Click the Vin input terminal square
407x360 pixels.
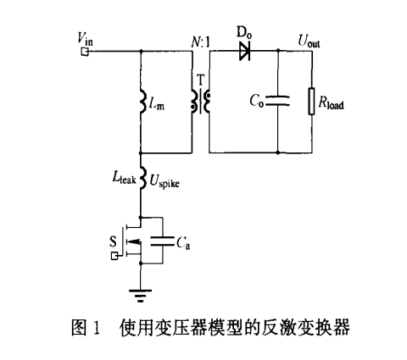(x=85, y=52)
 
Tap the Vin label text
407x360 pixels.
(x=85, y=39)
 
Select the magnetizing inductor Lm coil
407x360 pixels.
(x=143, y=102)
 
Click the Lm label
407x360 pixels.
(x=156, y=105)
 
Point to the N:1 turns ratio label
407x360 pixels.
(x=201, y=42)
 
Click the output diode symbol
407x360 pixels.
(x=245, y=52)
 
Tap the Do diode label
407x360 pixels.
(x=244, y=32)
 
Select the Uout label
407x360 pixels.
(x=309, y=42)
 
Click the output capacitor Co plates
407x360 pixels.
(x=278, y=101)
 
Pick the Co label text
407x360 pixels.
(x=257, y=101)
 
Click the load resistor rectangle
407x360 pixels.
(x=311, y=101)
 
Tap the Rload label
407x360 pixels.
(x=331, y=103)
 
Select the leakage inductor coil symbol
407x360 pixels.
(x=143, y=178)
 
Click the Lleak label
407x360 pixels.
(x=124, y=178)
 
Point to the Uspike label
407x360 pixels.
(x=164, y=181)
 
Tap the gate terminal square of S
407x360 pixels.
(x=114, y=257)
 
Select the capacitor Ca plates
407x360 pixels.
(x=162, y=241)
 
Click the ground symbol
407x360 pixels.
(x=140, y=296)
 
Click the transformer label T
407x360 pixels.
(x=200, y=80)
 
